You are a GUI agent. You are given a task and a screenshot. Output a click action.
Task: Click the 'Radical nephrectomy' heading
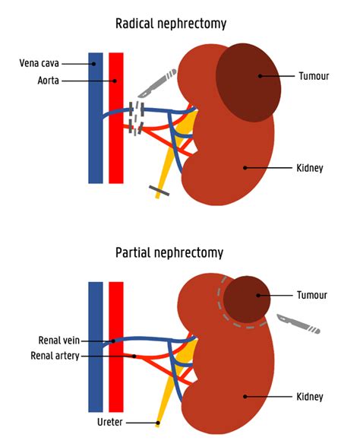click(170, 24)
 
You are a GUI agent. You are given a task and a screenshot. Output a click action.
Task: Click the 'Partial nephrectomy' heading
click(169, 252)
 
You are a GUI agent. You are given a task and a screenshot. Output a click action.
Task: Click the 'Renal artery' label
click(55, 355)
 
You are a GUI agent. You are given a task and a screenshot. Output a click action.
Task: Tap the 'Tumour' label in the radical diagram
click(314, 75)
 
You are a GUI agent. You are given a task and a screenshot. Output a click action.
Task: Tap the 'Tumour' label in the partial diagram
click(313, 295)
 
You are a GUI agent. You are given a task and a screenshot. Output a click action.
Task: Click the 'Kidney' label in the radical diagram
click(312, 167)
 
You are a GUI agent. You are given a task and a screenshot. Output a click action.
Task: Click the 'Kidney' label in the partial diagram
click(312, 396)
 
